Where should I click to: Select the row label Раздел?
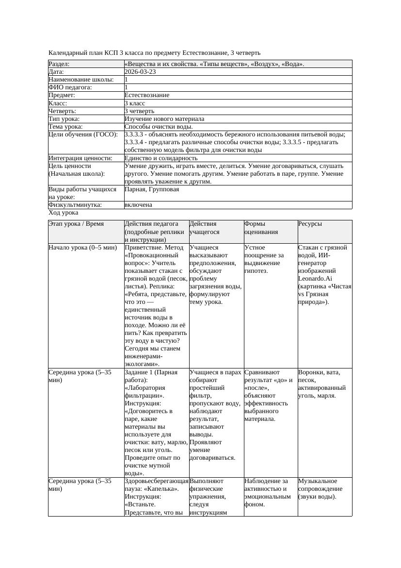click(59, 64)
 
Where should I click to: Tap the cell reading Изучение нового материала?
click(164, 119)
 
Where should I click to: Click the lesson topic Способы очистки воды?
click(155, 127)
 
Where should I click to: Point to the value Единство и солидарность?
click(161, 158)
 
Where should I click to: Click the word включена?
click(138, 205)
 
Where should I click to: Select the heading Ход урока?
click(64, 213)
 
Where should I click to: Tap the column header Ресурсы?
click(310, 224)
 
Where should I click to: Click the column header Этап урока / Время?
click(80, 224)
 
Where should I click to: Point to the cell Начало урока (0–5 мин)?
click(82, 248)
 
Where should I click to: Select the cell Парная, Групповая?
click(152, 189)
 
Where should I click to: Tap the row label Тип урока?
click(64, 119)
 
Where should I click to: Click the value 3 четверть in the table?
click(139, 111)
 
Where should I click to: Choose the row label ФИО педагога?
click(70, 87)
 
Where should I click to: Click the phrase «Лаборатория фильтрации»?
click(145, 392)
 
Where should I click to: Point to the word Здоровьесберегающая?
click(156, 481)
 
